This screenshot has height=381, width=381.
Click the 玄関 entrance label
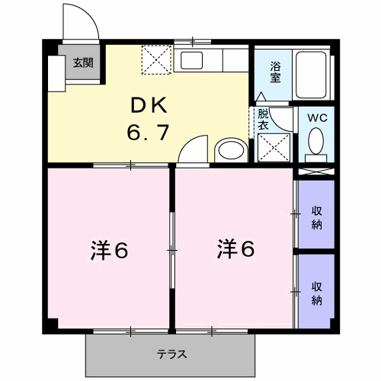coord(83,63)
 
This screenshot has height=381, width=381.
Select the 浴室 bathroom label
coord(274,72)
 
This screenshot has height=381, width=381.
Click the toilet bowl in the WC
coord(317,142)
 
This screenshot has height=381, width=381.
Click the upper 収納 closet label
coord(316,216)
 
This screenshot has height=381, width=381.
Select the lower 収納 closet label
coord(316,293)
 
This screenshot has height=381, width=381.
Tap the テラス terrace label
coord(172,354)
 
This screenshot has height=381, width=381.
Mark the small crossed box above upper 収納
coord(315,171)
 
